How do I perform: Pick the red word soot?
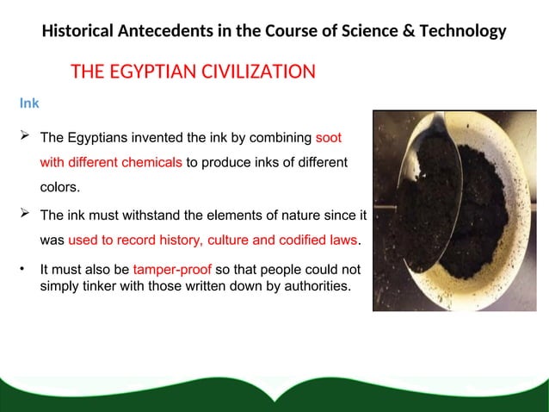[330, 137]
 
